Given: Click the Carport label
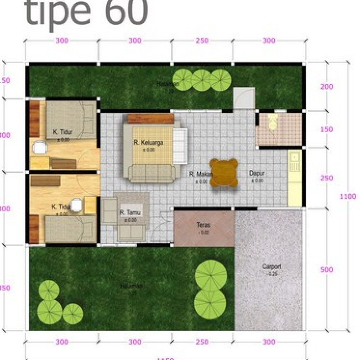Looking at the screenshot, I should coord(271,266).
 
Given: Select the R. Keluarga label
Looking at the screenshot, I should coord(149,142).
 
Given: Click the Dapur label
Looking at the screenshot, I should coord(257,173).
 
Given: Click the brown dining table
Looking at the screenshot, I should coord(224,173).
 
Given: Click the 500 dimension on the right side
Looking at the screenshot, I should coord(327,270).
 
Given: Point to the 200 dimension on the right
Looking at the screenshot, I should coord(327,86).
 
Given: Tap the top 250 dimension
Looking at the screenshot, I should coord(202,41).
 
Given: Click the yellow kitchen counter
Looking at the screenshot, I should coord(294,179).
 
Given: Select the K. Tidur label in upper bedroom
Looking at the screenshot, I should coord(63,132).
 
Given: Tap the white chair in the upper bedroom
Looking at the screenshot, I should coord(40,147).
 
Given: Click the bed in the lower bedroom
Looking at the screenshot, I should coord(70,229).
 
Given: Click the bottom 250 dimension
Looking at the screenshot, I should coord(202,342).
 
